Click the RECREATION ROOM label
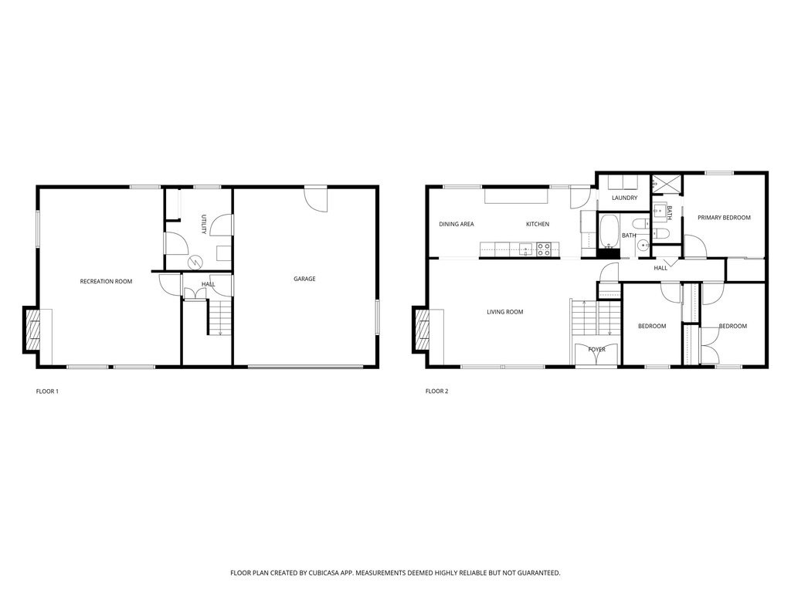106,281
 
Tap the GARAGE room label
304,279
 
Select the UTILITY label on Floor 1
204,225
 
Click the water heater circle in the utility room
195,262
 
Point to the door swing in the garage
317,200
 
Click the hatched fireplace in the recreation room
32,330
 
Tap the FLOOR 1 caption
47,391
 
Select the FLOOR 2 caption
436,391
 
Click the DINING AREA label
457,224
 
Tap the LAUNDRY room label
624,198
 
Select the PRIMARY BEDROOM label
724,218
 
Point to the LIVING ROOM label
504,312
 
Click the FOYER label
596,350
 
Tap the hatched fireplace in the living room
422,330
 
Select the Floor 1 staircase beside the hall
220,317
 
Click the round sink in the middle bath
643,246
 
